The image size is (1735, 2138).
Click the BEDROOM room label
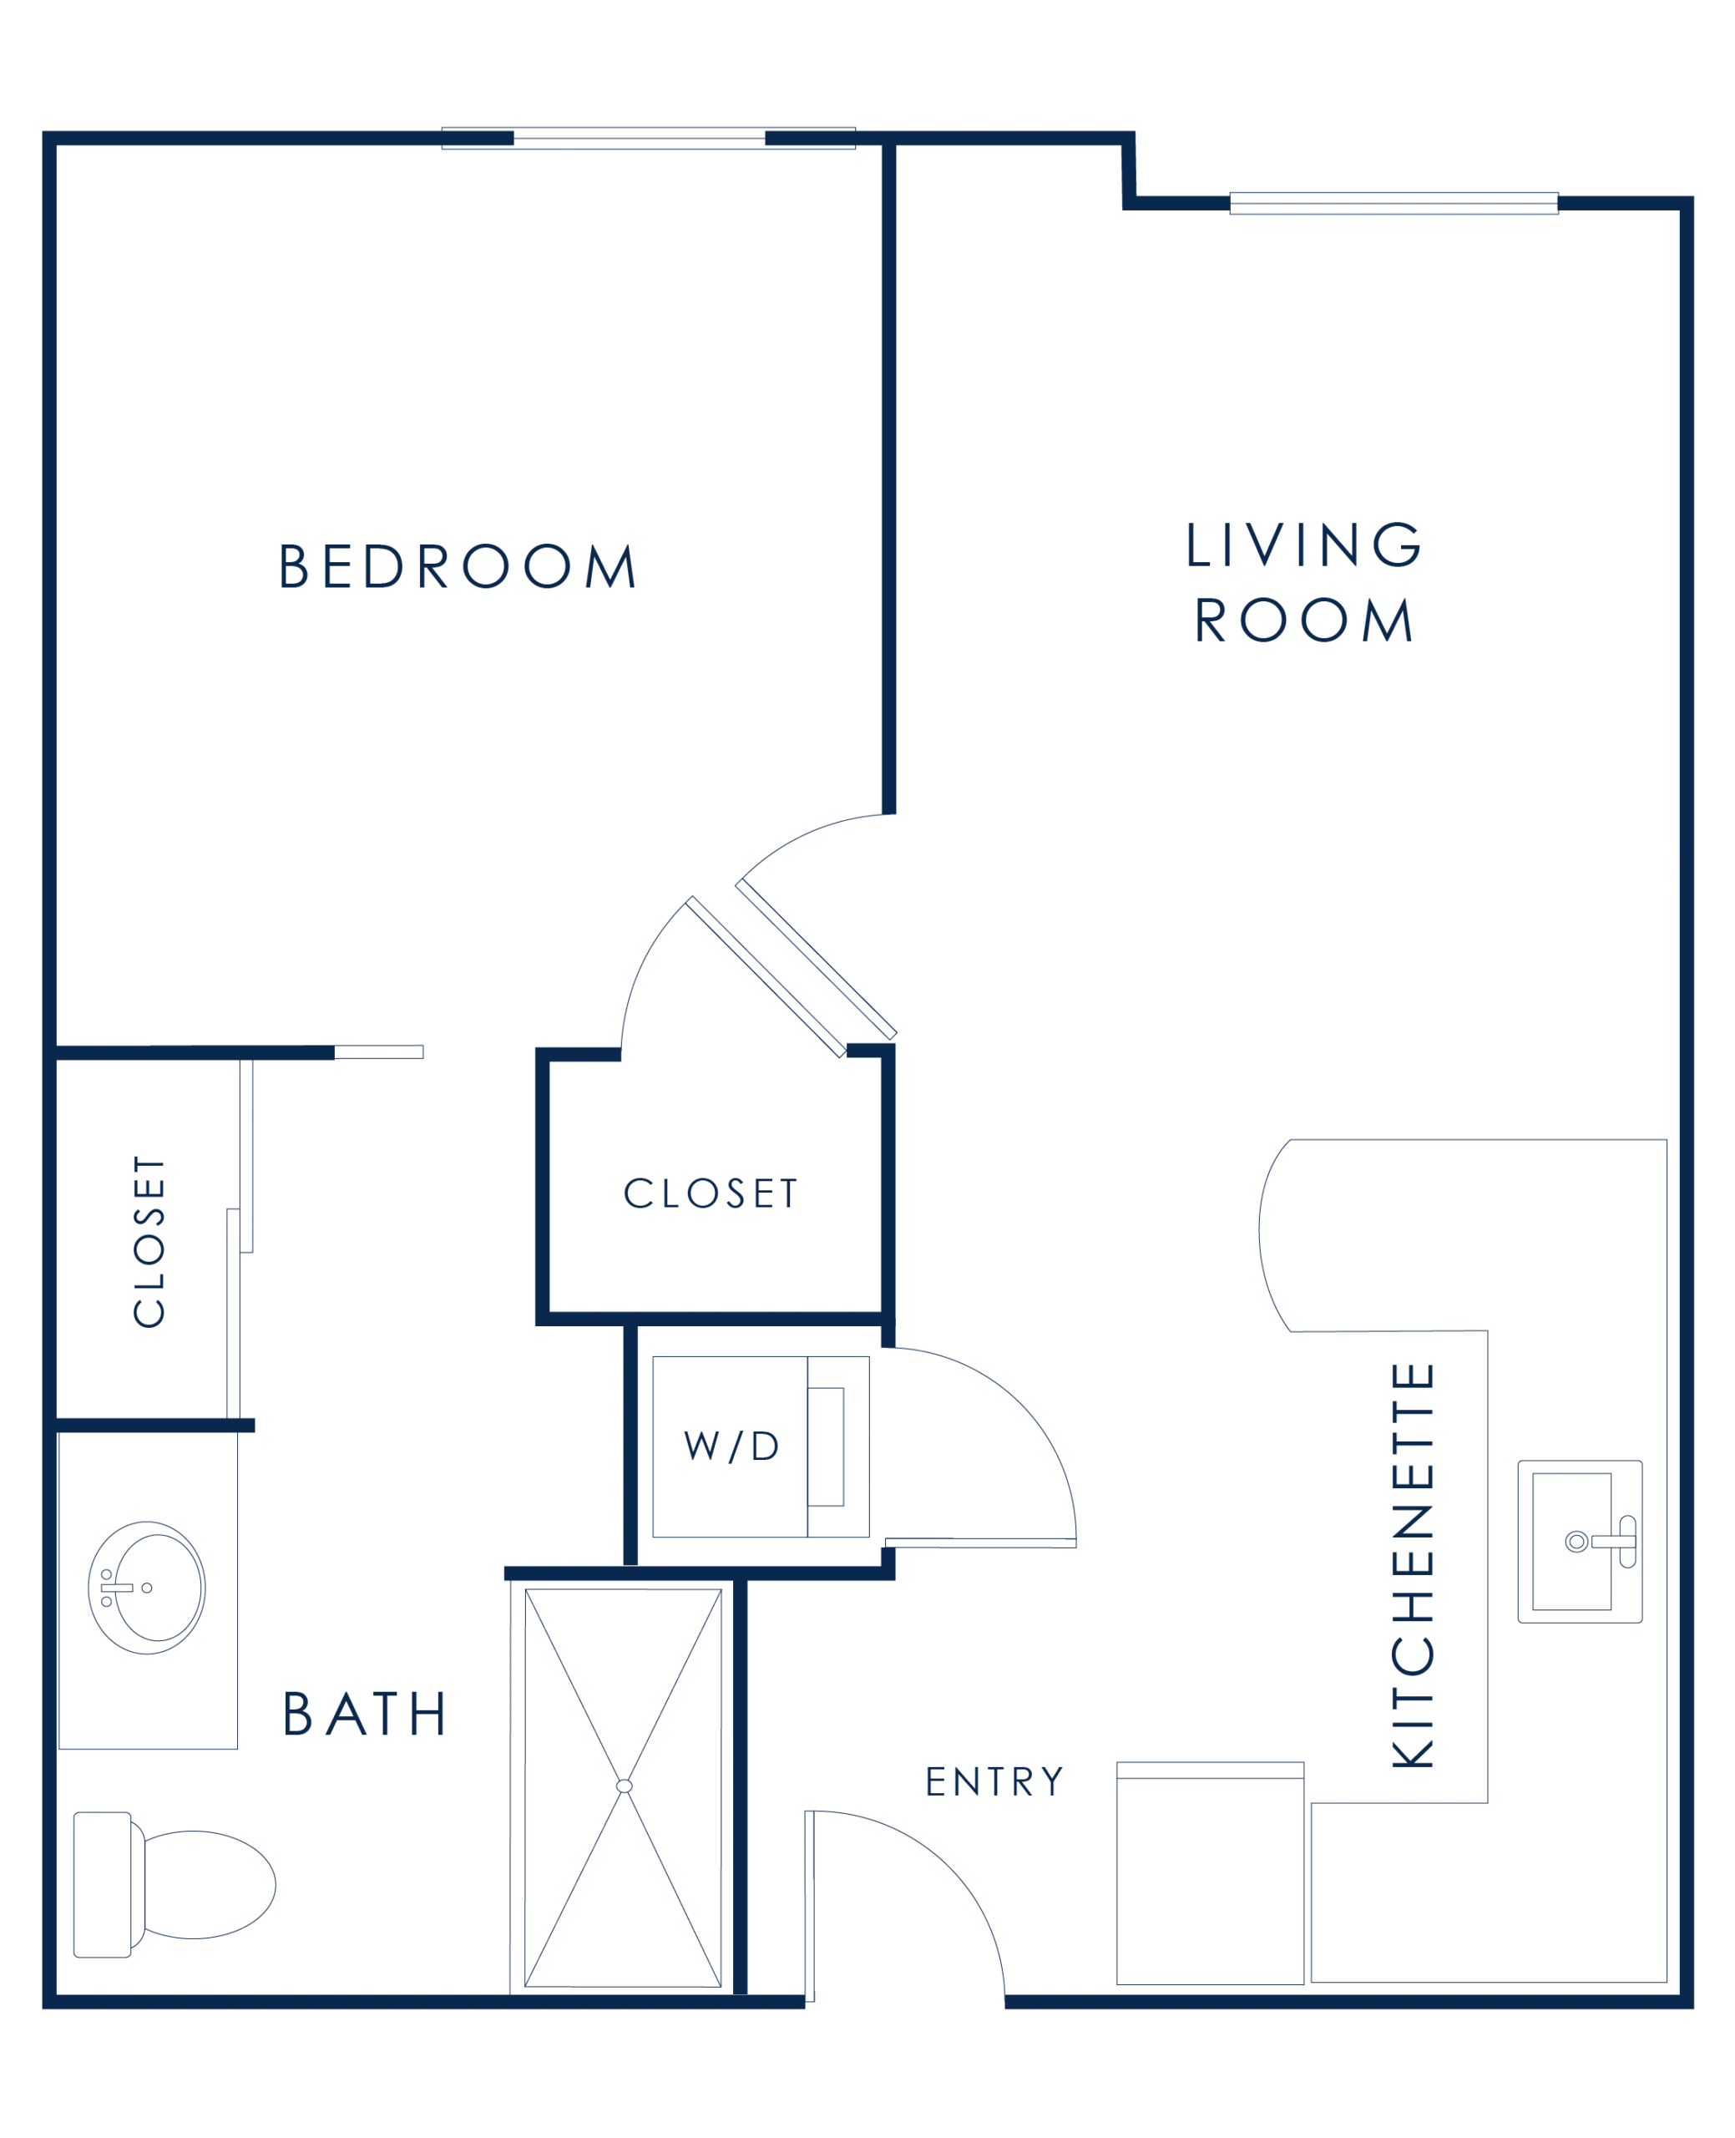pos(457,565)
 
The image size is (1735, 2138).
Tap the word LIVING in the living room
pos(1303,544)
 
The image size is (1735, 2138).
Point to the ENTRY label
pos(994,1781)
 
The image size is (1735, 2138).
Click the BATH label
pos(364,1713)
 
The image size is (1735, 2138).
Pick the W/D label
pos(731,1446)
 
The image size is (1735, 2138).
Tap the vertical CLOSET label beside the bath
pos(149,1241)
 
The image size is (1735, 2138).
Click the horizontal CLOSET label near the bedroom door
pos(711,1193)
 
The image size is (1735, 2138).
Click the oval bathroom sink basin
pos(147,1588)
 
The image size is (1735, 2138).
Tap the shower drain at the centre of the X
pos(624,1786)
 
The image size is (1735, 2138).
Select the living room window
pos(1394,203)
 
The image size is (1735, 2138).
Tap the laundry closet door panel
pos(980,1543)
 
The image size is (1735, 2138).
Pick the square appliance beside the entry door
pos(1211,1873)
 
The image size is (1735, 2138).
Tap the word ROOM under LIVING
pos(1303,619)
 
